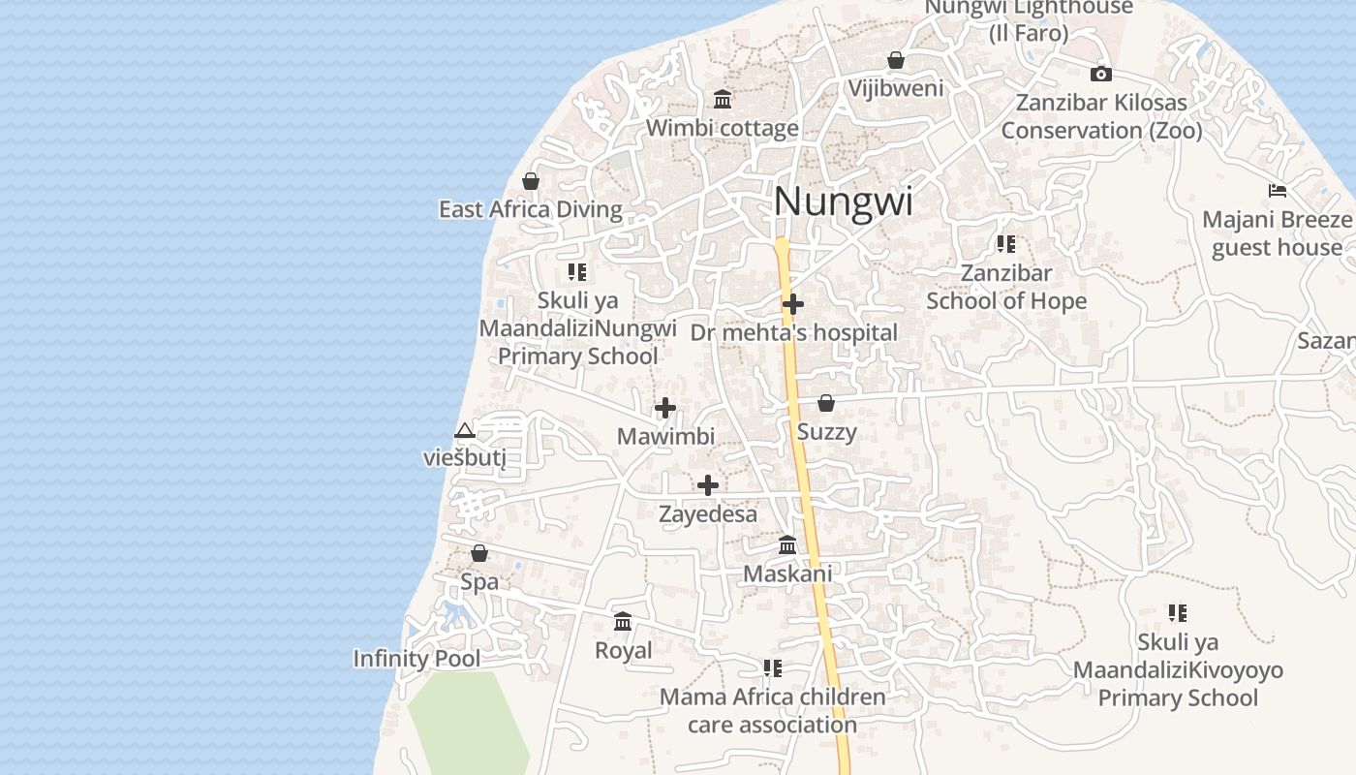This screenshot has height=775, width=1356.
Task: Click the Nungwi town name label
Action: click(843, 201)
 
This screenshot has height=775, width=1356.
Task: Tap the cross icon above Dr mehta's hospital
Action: click(793, 304)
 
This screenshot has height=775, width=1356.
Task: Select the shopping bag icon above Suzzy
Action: click(826, 402)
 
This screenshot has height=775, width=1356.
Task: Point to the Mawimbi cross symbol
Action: click(665, 408)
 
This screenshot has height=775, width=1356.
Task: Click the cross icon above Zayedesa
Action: click(708, 485)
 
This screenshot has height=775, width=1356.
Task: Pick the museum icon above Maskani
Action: click(787, 545)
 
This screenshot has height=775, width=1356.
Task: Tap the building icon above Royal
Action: click(623, 621)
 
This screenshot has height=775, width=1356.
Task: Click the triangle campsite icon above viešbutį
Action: click(465, 430)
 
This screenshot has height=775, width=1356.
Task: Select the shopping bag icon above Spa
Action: click(478, 553)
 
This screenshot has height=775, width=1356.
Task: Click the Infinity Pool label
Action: click(416, 659)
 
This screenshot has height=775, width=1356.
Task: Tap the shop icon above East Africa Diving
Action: click(531, 181)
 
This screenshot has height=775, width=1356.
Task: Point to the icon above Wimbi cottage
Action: click(723, 99)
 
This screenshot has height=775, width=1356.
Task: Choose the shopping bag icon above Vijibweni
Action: click(896, 60)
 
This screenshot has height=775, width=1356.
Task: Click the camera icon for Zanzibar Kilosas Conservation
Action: click(1101, 74)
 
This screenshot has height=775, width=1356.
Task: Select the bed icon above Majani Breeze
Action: click(1278, 191)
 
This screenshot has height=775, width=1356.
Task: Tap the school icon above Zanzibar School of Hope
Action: click(1006, 244)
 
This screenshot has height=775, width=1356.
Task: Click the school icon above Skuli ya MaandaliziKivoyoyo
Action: click(1178, 612)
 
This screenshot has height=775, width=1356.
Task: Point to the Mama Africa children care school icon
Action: click(772, 667)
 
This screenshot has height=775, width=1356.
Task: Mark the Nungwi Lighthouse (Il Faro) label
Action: click(1029, 19)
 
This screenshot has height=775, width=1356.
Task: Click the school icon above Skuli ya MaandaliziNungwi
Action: click(577, 272)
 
